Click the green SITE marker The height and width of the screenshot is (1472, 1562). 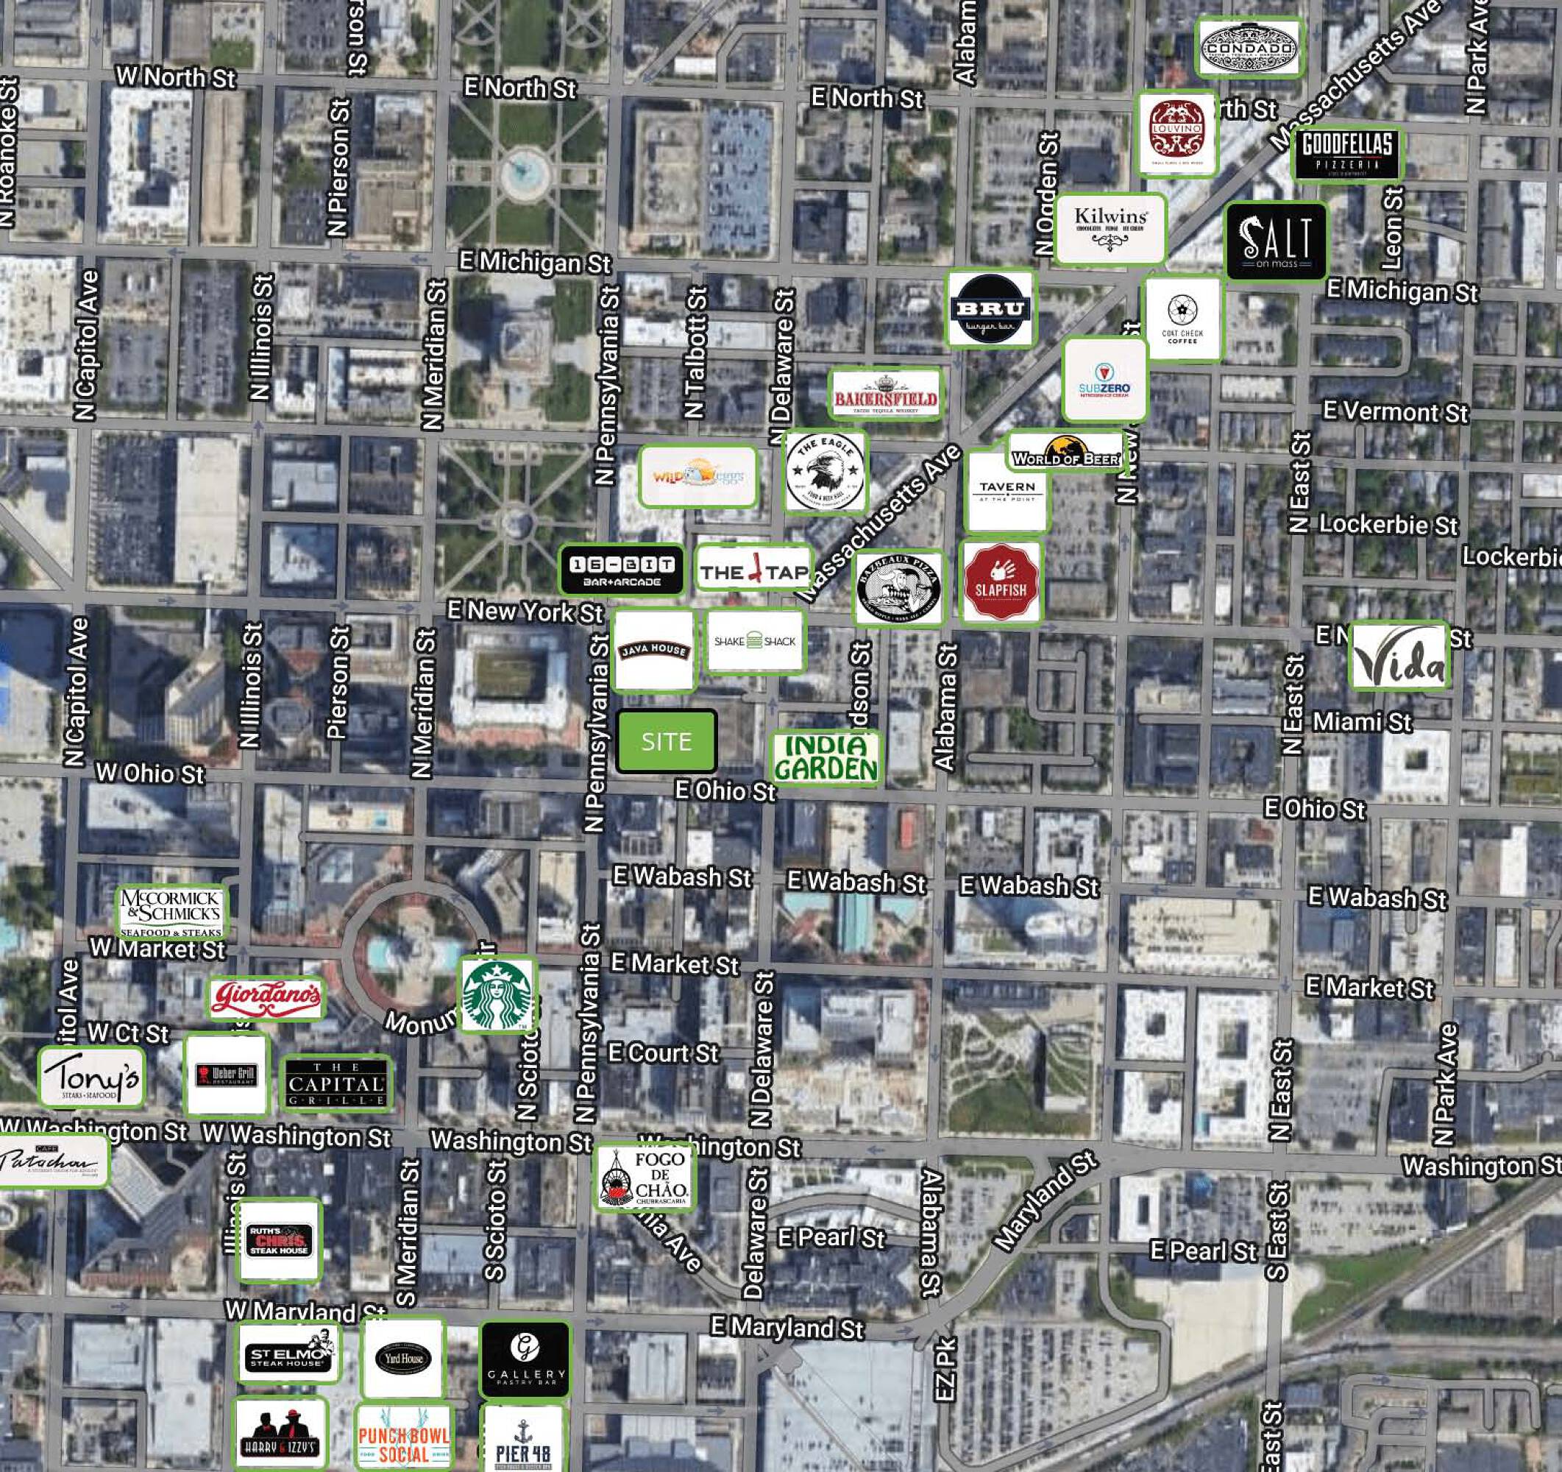(x=667, y=741)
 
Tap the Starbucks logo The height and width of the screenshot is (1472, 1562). (x=497, y=994)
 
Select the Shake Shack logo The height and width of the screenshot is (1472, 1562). (x=754, y=641)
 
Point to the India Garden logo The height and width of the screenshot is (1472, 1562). (x=825, y=757)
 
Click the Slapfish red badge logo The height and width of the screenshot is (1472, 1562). (x=1000, y=582)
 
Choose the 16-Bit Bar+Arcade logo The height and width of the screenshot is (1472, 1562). (x=622, y=570)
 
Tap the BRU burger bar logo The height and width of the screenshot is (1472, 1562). (x=989, y=309)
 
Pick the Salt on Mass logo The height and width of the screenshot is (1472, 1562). (x=1275, y=241)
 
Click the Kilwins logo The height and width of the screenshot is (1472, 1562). (x=1110, y=227)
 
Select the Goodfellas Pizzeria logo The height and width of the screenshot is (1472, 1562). (x=1346, y=153)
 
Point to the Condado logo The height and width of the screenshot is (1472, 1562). (x=1249, y=48)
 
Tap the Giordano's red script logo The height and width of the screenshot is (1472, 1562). (x=266, y=997)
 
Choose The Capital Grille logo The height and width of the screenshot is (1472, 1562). (x=336, y=1083)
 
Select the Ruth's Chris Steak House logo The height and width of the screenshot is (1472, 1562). (x=279, y=1240)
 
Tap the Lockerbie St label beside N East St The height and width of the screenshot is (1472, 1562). (x=1388, y=525)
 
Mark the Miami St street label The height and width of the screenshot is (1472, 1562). (x=1362, y=721)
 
